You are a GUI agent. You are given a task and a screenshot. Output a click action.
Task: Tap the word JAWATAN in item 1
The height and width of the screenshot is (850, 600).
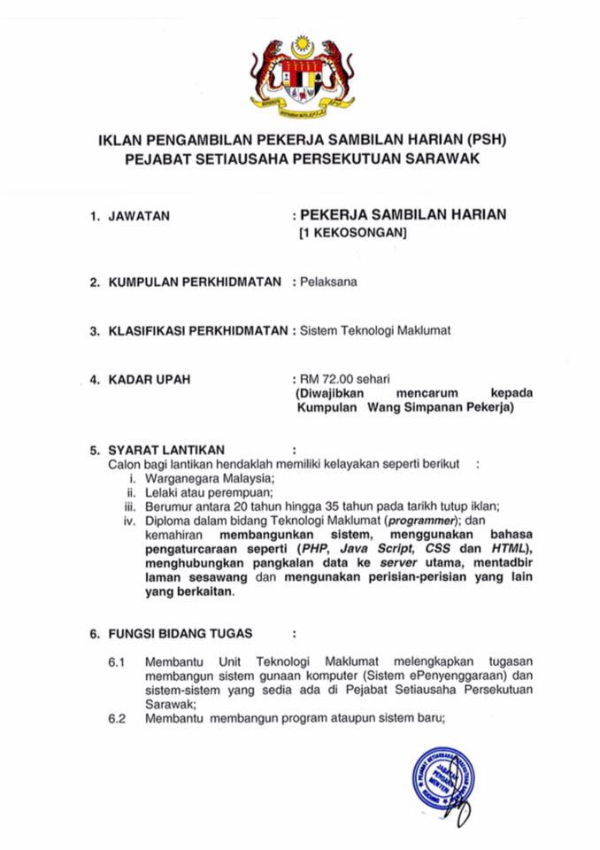click(139, 215)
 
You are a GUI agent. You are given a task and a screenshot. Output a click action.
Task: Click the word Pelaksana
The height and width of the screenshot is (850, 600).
click(328, 282)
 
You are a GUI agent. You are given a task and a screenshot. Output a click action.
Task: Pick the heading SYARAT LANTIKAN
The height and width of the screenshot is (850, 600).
click(165, 449)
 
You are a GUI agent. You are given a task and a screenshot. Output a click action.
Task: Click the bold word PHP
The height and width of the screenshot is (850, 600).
click(313, 549)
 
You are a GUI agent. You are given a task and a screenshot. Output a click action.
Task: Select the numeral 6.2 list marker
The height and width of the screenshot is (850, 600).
click(119, 719)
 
